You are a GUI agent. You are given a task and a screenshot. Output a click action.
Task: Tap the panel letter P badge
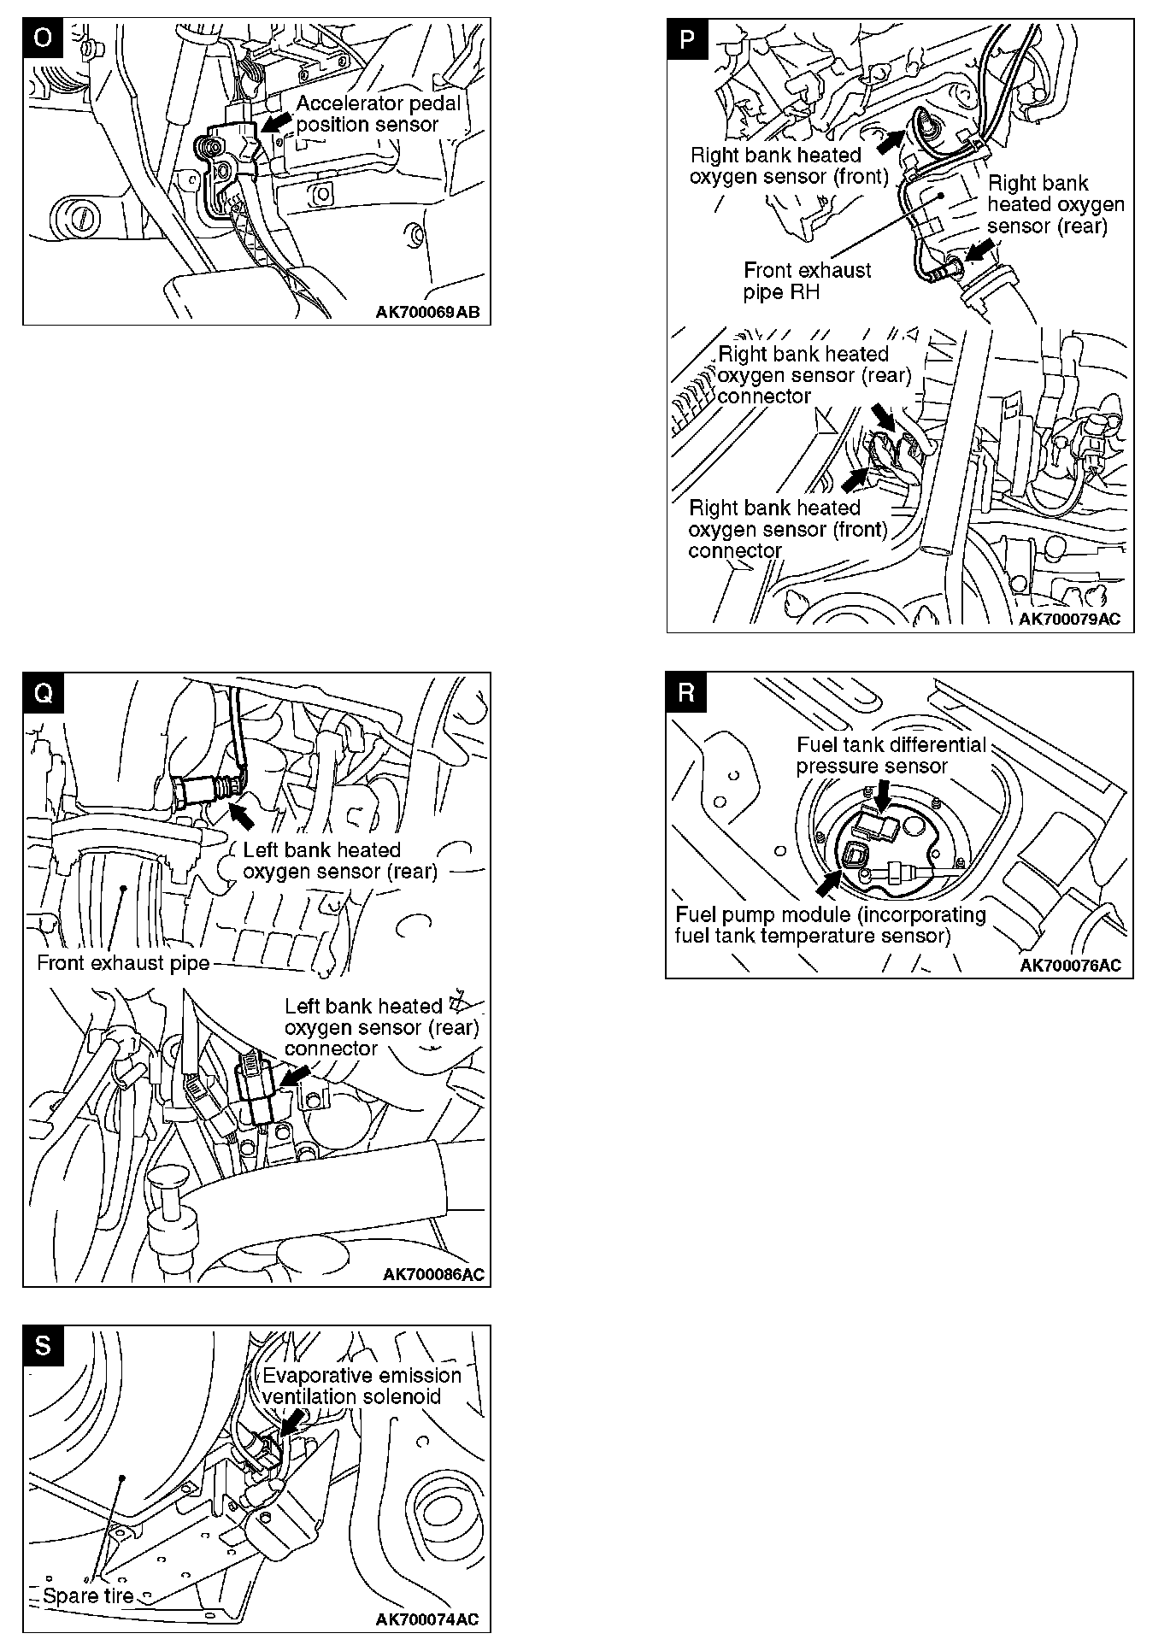pyautogui.click(x=687, y=39)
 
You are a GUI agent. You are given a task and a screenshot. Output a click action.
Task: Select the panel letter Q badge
pyautogui.click(x=43, y=693)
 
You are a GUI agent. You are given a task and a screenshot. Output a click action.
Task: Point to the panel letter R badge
pyautogui.click(x=686, y=692)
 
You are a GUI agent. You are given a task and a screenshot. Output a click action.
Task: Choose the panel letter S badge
pyautogui.click(x=43, y=1346)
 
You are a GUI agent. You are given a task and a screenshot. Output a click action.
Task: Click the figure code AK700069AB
pyautogui.click(x=427, y=312)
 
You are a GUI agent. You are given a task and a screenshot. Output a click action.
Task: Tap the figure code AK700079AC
pyautogui.click(x=1069, y=620)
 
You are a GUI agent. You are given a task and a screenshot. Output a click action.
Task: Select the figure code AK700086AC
pyautogui.click(x=433, y=1274)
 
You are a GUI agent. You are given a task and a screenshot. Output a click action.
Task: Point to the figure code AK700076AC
pyautogui.click(x=1070, y=966)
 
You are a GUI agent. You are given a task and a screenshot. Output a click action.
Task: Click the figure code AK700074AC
pyautogui.click(x=427, y=1619)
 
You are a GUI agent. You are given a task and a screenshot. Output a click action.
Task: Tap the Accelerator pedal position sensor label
pyautogui.click(x=378, y=114)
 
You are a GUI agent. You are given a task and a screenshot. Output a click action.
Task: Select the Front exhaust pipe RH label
pyautogui.click(x=807, y=281)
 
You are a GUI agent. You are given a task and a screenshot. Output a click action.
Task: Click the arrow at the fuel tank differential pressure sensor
pyautogui.click(x=883, y=795)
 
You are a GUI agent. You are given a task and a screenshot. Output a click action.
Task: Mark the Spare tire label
pyautogui.click(x=88, y=1595)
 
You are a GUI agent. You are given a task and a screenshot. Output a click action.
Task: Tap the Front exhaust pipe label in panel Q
pyautogui.click(x=123, y=963)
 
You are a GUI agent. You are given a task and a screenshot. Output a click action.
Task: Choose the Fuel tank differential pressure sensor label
pyautogui.click(x=891, y=755)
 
